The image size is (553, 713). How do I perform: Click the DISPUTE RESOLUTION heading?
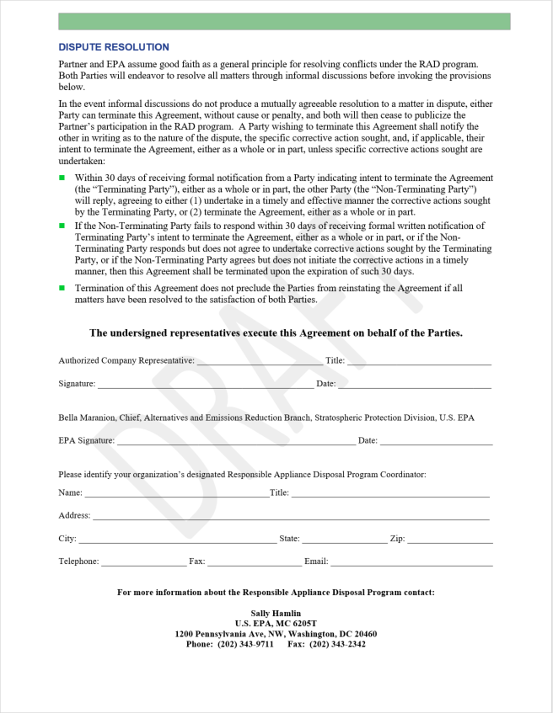[x=114, y=47]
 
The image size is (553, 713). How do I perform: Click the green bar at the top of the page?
[x=284, y=21]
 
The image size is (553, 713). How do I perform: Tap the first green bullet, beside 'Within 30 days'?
[x=62, y=178]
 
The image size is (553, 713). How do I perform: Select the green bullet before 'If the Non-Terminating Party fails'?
[x=62, y=226]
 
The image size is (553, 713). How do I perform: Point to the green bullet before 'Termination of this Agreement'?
[x=62, y=288]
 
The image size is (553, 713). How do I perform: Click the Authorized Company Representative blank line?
[x=259, y=363]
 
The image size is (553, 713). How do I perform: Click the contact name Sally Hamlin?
[x=276, y=614]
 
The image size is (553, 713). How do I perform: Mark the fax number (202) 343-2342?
[x=337, y=645]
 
